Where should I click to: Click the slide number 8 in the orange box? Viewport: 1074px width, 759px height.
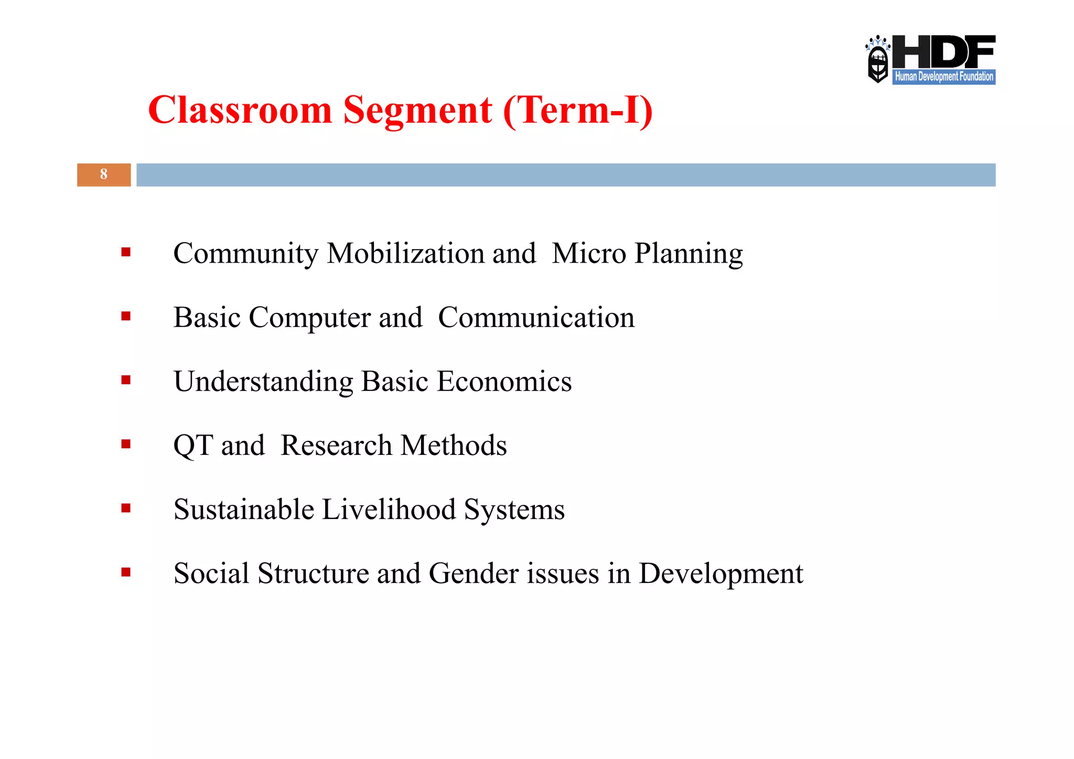pos(104,175)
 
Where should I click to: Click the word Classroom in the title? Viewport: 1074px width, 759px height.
pos(240,111)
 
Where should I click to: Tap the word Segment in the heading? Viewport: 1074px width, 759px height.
pos(417,111)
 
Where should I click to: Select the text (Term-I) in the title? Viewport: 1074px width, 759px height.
pos(578,111)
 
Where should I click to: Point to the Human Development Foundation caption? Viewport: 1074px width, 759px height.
pos(943,77)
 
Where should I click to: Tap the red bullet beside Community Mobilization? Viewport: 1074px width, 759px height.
pos(126,253)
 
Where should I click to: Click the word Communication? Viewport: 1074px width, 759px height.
pos(536,318)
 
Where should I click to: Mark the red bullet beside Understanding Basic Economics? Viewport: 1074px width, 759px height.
pos(126,380)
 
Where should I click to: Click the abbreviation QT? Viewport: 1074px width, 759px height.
pos(192,446)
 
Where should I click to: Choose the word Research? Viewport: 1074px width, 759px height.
pos(336,446)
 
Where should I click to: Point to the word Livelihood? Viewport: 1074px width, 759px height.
pos(389,509)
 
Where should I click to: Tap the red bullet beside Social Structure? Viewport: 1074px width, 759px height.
pos(126,572)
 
